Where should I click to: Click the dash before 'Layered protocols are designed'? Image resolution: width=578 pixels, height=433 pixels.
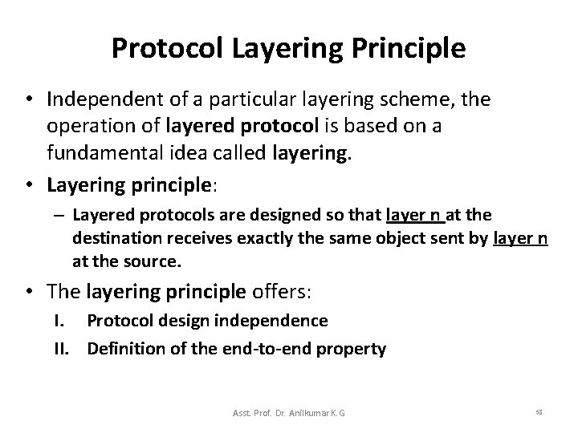[x=61, y=215]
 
